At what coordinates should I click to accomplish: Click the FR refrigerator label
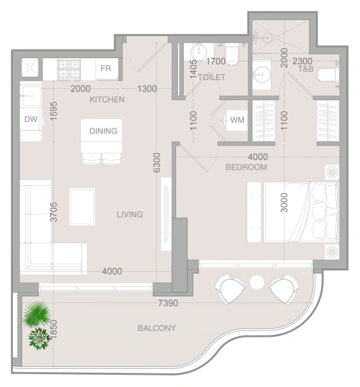(x=106, y=68)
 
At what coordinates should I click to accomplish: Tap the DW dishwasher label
(x=31, y=119)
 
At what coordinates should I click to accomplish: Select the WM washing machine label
(x=237, y=120)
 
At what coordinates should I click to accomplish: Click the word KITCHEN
(x=107, y=99)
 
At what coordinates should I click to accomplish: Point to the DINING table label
(x=103, y=131)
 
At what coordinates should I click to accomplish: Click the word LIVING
(x=130, y=214)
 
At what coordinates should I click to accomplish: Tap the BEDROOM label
(x=246, y=167)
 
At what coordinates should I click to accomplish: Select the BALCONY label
(x=157, y=328)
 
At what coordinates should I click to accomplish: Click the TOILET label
(x=212, y=77)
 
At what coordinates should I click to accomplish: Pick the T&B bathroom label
(x=306, y=69)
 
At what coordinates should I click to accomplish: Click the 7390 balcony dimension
(x=168, y=303)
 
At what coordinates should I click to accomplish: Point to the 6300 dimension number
(x=157, y=163)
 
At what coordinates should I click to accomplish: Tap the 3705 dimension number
(x=54, y=212)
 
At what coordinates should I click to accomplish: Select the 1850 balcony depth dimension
(x=54, y=329)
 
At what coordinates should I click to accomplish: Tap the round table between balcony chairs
(x=257, y=282)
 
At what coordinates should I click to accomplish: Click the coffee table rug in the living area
(x=82, y=207)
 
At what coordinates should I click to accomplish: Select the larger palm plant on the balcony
(x=37, y=314)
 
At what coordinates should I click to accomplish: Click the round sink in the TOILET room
(x=198, y=52)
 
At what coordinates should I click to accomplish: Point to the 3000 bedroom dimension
(x=285, y=203)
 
